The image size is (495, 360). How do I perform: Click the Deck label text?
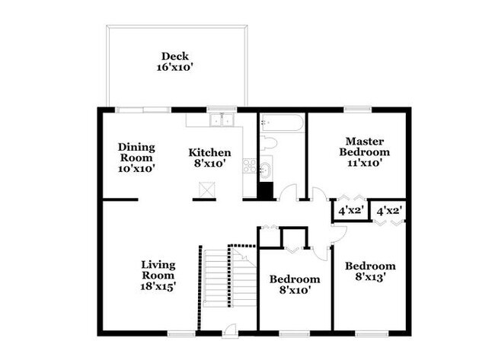pos(174,56)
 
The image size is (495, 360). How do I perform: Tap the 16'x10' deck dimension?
pos(174,67)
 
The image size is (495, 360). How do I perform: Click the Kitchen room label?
pos(209,152)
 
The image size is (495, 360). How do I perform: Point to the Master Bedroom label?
pos(363,146)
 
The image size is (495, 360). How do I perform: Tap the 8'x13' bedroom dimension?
pos(370,278)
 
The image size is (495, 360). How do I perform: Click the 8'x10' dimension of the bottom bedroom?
pos(294,290)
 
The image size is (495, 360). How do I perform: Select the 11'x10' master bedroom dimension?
pos(363,162)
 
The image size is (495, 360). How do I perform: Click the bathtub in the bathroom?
pos(282,123)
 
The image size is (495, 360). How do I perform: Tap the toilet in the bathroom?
pos(268,143)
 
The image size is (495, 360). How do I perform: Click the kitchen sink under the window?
pos(222,119)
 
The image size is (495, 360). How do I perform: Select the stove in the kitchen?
pos(248,165)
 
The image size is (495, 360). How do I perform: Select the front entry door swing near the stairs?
pos(231,328)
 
